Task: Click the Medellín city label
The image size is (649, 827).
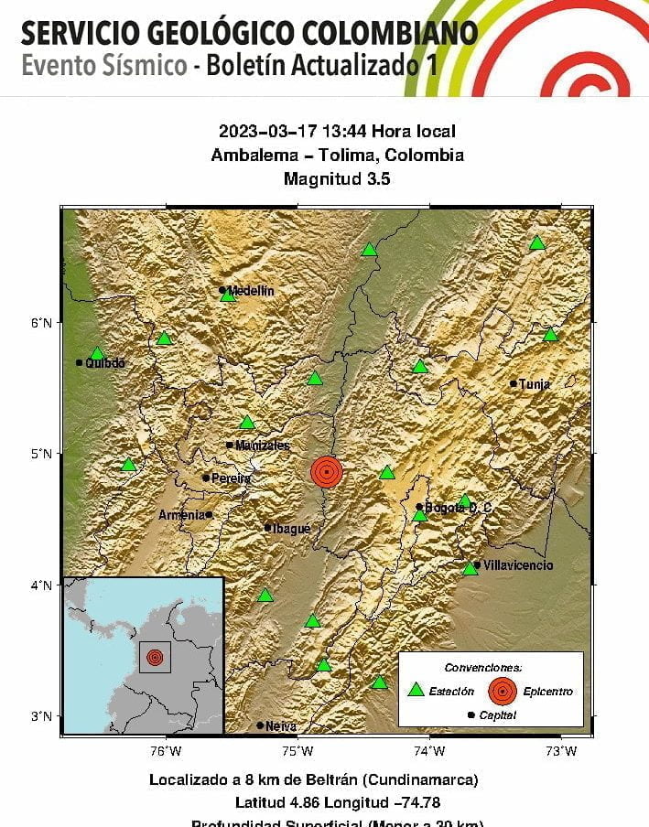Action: [x=251, y=291]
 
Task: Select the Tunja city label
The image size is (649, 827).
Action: [x=535, y=384]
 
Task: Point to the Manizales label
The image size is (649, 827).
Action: [x=262, y=446]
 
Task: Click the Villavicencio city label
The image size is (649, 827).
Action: [x=518, y=565]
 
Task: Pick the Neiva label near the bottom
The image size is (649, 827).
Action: [x=281, y=726]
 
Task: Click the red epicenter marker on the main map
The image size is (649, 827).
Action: [x=326, y=471]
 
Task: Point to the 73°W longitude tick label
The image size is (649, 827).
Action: [x=561, y=752]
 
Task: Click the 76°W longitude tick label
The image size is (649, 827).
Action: [x=165, y=752]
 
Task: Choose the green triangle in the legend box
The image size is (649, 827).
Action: [x=416, y=690]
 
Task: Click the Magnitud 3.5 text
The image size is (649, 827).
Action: [x=337, y=179]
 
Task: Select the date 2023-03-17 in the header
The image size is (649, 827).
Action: [x=265, y=132]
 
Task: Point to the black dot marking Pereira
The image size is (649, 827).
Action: [x=205, y=478]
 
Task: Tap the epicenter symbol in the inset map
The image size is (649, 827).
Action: [x=155, y=657]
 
